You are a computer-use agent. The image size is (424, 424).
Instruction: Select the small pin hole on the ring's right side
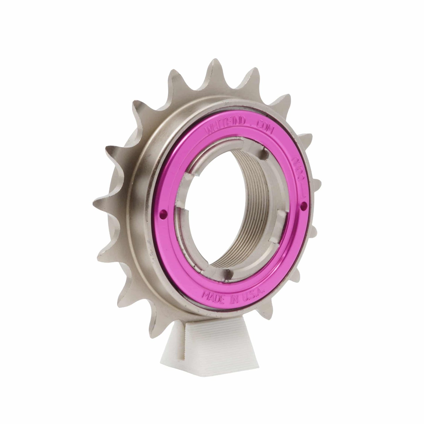click(304, 203)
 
